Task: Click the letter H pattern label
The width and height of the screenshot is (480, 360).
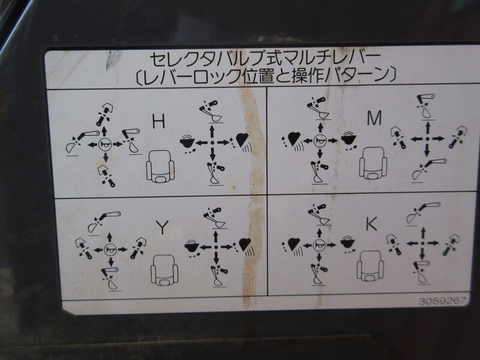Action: click(x=158, y=121)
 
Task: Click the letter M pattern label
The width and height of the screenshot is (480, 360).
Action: click(x=374, y=118)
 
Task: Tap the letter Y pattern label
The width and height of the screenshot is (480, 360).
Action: click(x=162, y=227)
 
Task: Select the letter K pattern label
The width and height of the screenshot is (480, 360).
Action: click(x=371, y=225)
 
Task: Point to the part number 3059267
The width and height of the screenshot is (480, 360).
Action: click(x=443, y=301)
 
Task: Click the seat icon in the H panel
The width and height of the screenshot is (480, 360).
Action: click(x=160, y=167)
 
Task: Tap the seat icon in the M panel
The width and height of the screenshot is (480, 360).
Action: click(x=373, y=163)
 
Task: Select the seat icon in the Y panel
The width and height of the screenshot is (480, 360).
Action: click(x=164, y=269)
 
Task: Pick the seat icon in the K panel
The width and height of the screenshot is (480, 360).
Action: click(x=370, y=266)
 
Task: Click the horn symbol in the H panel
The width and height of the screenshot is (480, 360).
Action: click(x=104, y=145)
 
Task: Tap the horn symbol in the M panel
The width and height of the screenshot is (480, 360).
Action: click(x=320, y=140)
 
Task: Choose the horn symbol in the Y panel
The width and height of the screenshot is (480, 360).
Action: click(x=110, y=250)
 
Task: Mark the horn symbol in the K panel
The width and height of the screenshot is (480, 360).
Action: click(x=319, y=245)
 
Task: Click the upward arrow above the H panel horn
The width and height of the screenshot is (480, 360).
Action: click(x=104, y=131)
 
